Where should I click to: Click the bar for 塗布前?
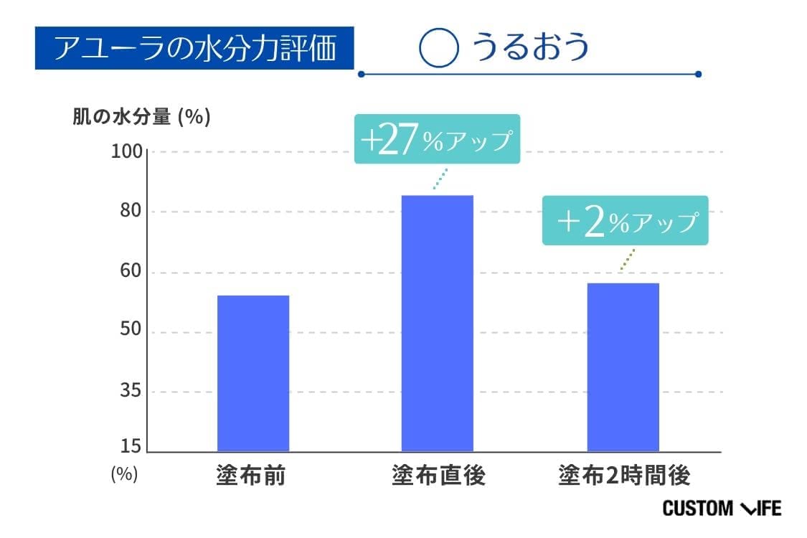click(253, 373)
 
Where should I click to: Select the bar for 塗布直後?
click(437, 323)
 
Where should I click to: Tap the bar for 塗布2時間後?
click(623, 367)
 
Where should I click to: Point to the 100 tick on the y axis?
click(128, 152)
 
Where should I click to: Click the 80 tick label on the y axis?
click(132, 212)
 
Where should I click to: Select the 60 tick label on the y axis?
click(132, 273)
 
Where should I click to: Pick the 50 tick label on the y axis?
click(132, 332)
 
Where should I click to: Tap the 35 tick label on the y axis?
click(132, 392)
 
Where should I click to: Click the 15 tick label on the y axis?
click(132, 447)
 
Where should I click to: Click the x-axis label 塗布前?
click(250, 476)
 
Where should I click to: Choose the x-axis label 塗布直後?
click(438, 476)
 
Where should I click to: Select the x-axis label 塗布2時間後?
click(624, 476)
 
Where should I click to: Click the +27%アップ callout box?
click(437, 139)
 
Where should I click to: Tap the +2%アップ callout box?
click(625, 221)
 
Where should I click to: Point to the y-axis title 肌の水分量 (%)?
click(141, 117)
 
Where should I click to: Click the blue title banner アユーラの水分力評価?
click(195, 48)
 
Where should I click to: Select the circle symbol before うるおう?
click(438, 48)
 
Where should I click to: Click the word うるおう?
click(530, 47)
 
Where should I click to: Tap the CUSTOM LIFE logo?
click(721, 509)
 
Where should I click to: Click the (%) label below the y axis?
click(124, 474)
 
